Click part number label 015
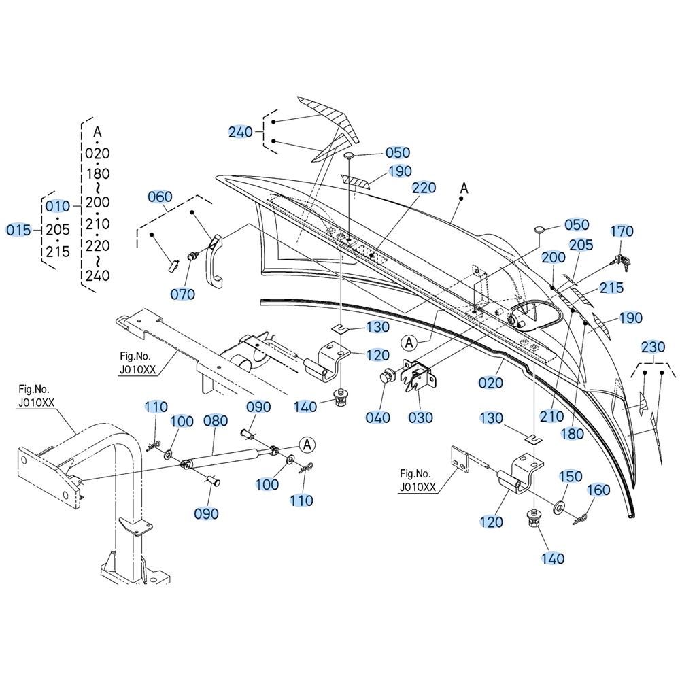[18, 230]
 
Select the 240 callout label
[240, 131]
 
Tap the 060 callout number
[160, 197]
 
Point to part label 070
[182, 294]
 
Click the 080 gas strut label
[216, 421]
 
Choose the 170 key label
[622, 231]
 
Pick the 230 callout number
[653, 347]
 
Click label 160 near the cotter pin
[598, 490]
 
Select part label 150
[571, 476]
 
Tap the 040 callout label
[377, 418]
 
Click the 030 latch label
[421, 418]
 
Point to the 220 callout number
[424, 188]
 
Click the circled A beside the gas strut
[307, 445]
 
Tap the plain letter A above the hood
[464, 188]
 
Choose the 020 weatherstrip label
[491, 383]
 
